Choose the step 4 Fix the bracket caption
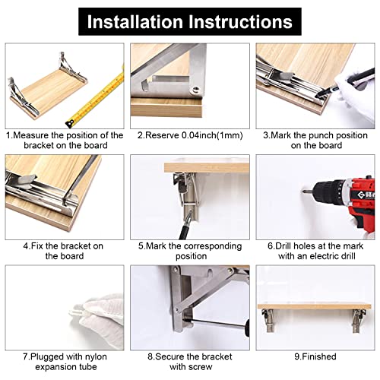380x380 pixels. click(x=64, y=251)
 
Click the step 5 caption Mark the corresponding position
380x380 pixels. click(x=189, y=251)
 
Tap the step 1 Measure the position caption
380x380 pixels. click(x=64, y=140)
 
